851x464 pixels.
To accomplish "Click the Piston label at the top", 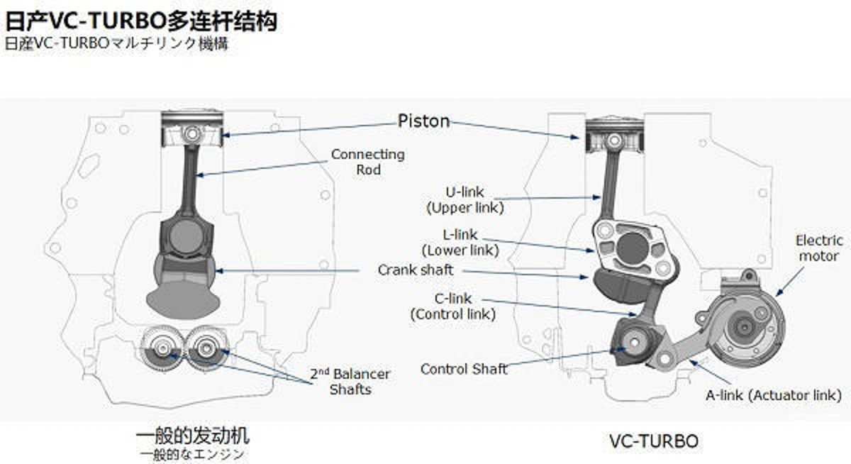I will point(423,121).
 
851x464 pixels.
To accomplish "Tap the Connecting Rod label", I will point(367,162).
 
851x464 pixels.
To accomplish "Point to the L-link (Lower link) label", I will point(460,242).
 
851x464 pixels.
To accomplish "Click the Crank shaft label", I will point(415,270).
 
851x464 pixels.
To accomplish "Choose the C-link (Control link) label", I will point(452,306).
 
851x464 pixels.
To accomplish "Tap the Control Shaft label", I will point(464,369).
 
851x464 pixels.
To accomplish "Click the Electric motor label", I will point(818,248).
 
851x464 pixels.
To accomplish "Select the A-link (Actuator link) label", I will point(774,394).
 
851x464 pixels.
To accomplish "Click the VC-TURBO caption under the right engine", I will point(653,441).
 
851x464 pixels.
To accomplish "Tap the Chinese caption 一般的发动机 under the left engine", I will point(193,434).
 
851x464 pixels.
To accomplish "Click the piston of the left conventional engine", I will point(190,132).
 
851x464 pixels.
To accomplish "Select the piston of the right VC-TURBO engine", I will point(608,136).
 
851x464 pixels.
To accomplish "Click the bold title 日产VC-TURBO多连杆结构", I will point(140,21).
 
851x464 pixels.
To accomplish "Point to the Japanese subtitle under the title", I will point(116,43).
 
